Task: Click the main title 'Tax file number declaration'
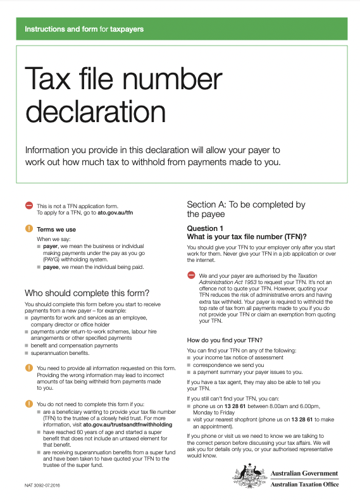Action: [x=123, y=95]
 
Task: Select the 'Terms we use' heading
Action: [x=56, y=229]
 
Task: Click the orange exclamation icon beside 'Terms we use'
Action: [x=28, y=228]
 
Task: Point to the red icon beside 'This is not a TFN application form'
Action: [x=28, y=206]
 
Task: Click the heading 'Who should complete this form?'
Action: [x=87, y=293]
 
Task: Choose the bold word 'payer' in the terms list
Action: [x=50, y=245]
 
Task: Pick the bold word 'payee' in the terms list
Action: [x=50, y=268]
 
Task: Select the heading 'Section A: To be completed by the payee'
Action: [x=246, y=209]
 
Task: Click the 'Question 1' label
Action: [x=205, y=228]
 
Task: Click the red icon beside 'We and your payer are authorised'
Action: [x=191, y=275]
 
